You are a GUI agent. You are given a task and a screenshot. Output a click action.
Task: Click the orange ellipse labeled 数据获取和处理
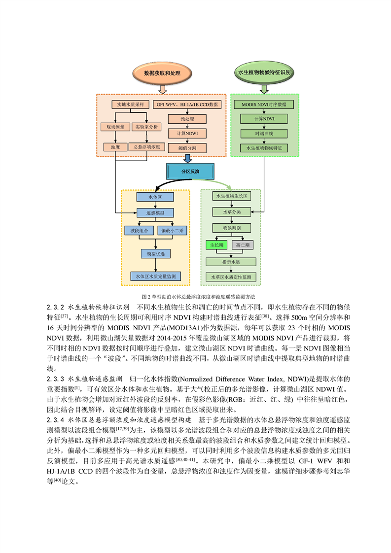162,73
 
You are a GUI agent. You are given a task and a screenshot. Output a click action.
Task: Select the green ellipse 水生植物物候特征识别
264,72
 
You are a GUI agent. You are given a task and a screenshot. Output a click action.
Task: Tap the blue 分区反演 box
190,172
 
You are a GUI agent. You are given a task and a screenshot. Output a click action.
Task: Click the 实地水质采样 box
131,104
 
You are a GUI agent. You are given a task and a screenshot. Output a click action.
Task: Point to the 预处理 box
187,119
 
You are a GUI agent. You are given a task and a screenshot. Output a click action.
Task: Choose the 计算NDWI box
187,133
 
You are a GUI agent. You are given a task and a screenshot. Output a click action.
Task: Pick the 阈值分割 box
187,148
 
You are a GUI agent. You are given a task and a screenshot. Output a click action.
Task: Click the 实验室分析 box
146,127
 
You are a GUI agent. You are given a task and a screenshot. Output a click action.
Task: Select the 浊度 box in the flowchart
115,147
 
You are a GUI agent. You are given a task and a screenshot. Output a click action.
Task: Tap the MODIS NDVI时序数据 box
264,104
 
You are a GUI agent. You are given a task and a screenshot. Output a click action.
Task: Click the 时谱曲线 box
264,134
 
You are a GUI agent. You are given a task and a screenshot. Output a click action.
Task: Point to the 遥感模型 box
155,212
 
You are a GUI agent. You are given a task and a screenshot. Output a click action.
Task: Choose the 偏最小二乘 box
172,231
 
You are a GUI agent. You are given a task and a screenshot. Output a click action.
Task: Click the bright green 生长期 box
216,245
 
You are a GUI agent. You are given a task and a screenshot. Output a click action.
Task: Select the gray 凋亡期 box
243,245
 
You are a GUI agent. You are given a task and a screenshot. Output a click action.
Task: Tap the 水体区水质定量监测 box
156,276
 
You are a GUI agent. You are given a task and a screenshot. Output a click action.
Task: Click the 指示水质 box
231,262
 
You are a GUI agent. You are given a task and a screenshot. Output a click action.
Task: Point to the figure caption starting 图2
198,297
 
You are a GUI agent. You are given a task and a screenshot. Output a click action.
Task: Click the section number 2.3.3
55,379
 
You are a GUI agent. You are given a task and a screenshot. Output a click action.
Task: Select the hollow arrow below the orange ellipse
162,90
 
